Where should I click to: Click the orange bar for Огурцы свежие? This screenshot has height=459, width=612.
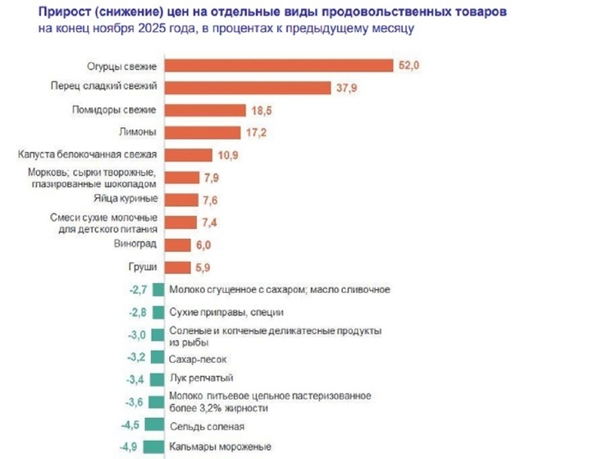[278, 66]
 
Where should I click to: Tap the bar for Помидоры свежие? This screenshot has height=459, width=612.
[205, 110]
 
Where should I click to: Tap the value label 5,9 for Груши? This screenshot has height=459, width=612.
[203, 267]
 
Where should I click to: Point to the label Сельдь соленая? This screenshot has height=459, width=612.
[206, 426]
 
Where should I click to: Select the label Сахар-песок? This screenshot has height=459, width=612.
[197, 358]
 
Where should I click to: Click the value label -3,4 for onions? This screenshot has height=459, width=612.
[134, 379]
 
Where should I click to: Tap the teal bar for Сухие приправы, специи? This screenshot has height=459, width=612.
[158, 312]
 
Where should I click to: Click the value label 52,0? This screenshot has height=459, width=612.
[409, 66]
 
